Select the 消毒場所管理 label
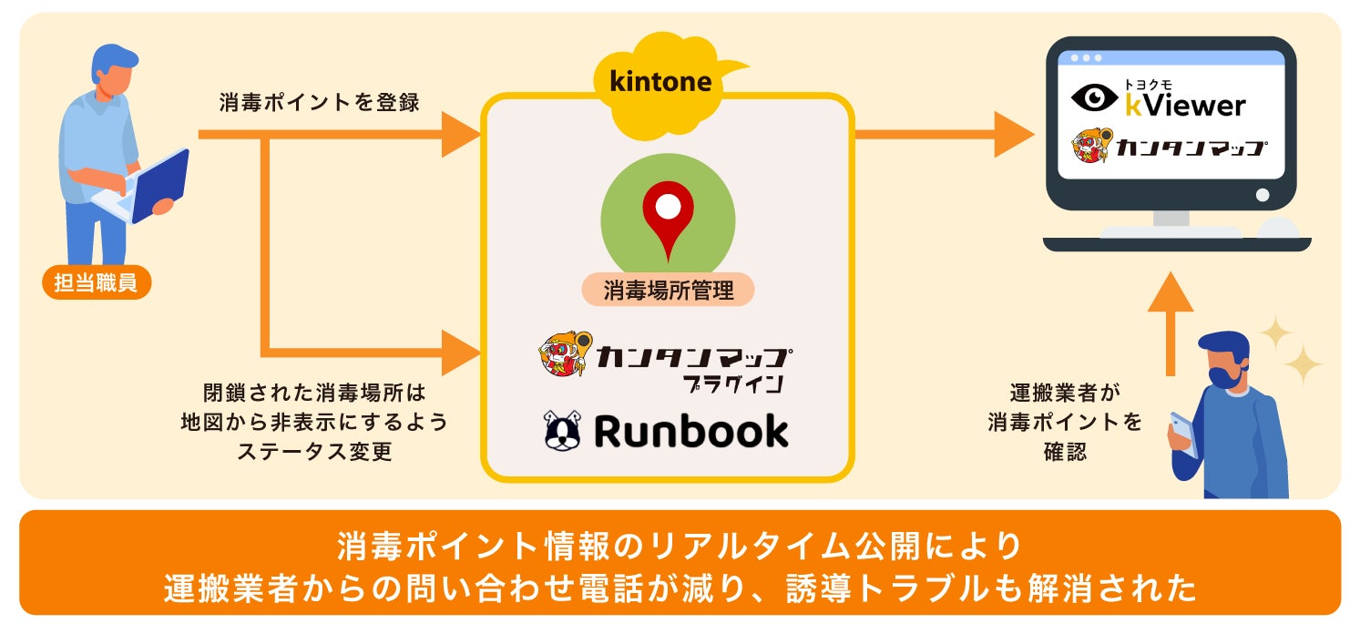click(668, 291)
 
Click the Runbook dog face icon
click(562, 431)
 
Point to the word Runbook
click(690, 431)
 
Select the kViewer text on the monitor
click(1184, 105)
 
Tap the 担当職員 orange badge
click(96, 282)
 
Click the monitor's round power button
click(1263, 195)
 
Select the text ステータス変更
click(314, 451)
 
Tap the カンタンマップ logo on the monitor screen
click(1171, 147)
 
